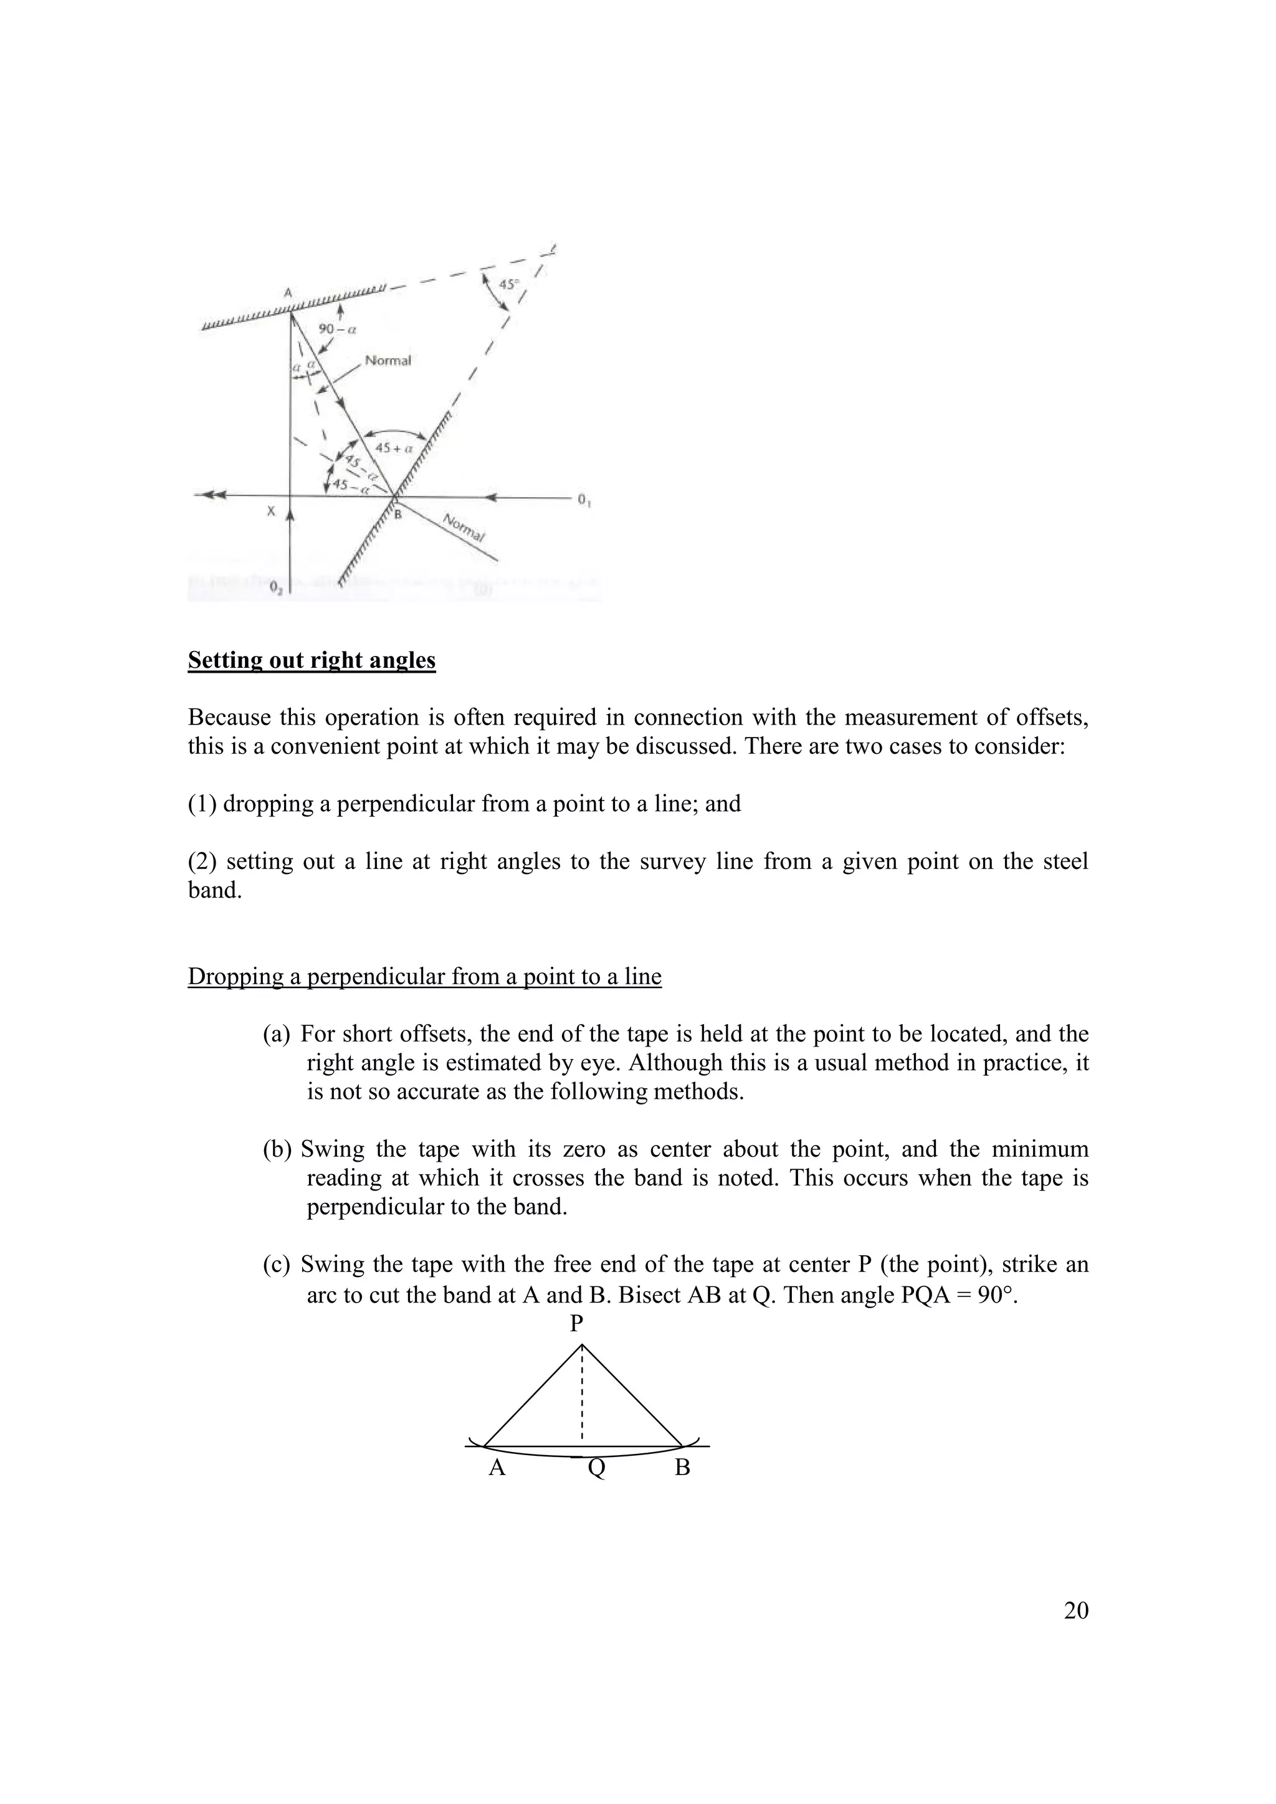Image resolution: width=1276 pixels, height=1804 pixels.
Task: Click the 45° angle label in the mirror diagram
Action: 510,285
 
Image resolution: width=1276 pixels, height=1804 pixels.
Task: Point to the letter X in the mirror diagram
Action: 271,511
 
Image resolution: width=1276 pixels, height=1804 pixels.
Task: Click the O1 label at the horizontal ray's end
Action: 584,500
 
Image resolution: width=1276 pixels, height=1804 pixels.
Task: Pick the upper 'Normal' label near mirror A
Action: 388,361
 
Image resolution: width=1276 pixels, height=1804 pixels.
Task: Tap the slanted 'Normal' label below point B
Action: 464,528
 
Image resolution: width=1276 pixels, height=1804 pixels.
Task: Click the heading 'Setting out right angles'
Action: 311,660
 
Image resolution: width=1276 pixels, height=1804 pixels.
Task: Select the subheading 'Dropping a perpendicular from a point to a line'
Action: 424,977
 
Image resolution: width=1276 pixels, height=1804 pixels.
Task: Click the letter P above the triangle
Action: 577,1324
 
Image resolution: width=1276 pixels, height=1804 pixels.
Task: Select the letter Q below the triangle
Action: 597,1468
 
